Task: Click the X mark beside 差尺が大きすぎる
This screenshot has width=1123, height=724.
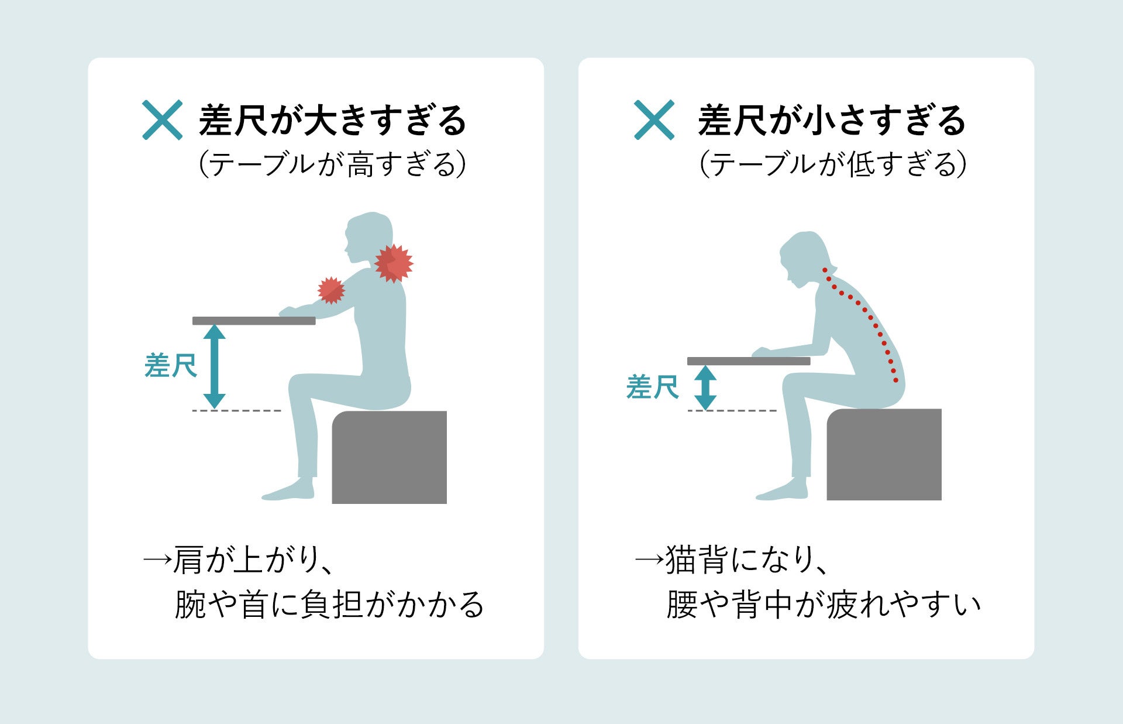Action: (163, 120)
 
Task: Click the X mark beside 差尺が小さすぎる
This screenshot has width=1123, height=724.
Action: (654, 120)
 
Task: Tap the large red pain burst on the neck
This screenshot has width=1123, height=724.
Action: (394, 263)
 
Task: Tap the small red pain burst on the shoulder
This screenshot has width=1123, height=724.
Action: (331, 290)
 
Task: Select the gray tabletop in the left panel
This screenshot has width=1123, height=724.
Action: (254, 321)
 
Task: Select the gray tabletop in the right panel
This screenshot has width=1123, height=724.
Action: (749, 361)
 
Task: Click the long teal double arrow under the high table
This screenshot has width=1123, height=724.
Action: (215, 366)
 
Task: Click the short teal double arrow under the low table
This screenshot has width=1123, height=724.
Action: (705, 387)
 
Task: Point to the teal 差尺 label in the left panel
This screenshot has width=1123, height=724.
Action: (171, 366)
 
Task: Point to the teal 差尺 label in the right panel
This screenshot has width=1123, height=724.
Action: (652, 387)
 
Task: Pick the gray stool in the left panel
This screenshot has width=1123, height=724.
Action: (390, 457)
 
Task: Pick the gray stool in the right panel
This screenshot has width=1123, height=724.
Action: (884, 454)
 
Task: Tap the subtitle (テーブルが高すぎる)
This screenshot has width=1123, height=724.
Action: (332, 164)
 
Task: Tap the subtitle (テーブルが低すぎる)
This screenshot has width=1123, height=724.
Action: (832, 164)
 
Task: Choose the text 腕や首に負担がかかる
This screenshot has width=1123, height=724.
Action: (329, 605)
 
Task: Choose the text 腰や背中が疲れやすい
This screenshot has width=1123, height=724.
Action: (824, 605)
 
